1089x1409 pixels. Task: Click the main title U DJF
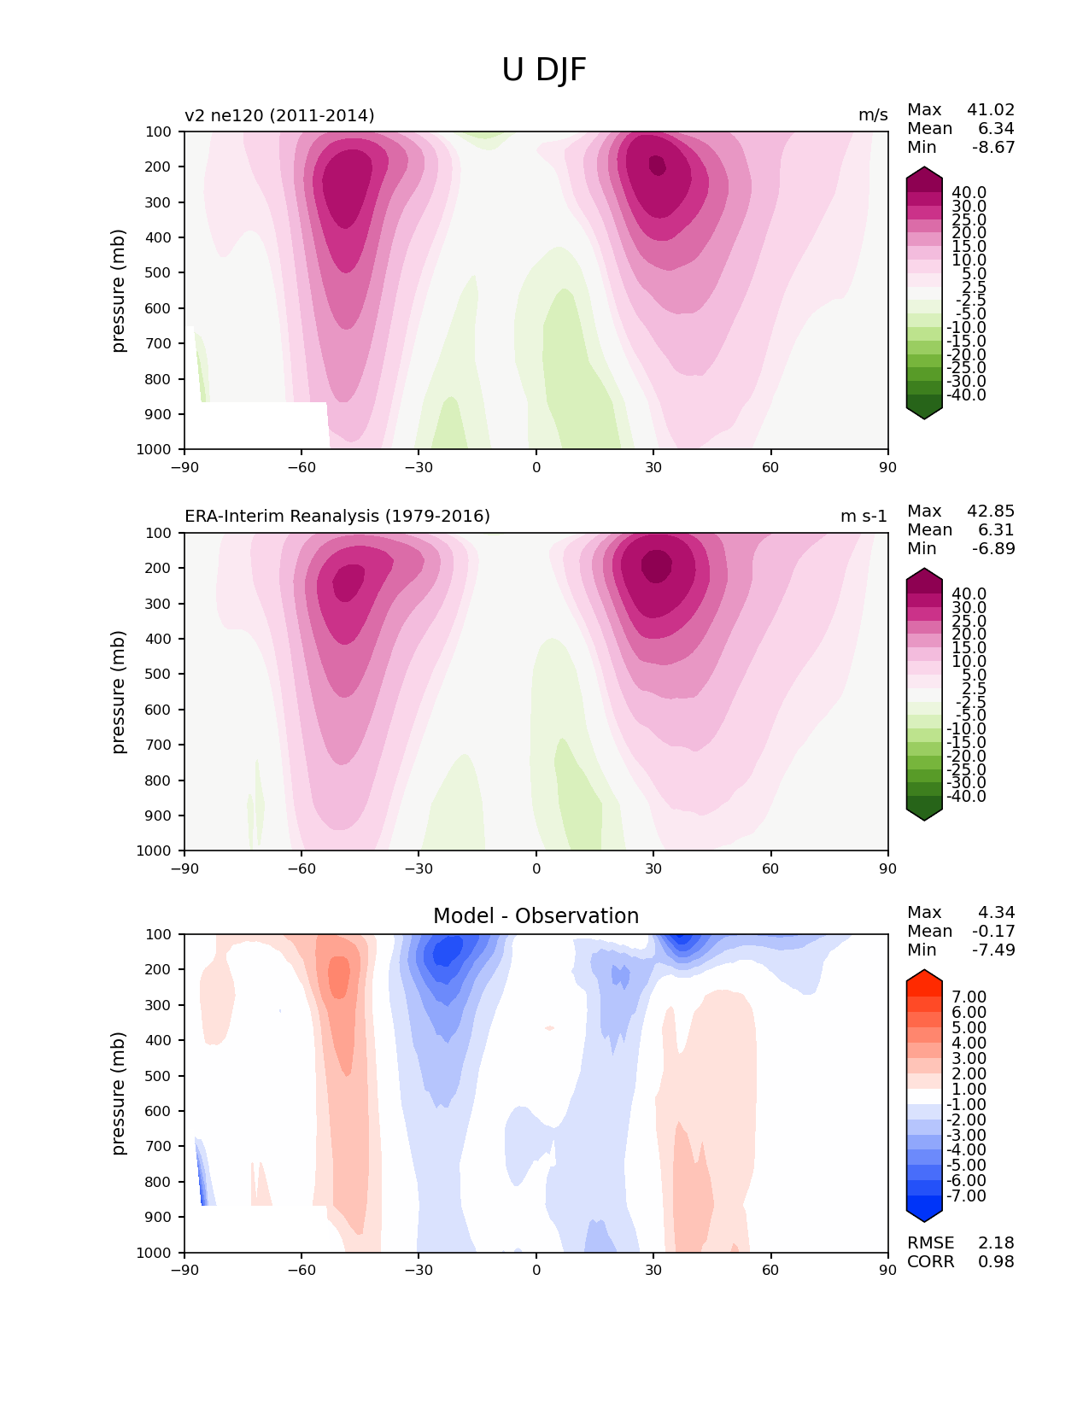click(x=544, y=70)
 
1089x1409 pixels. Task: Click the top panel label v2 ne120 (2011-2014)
click(x=279, y=115)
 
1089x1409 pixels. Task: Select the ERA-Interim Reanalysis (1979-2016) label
click(x=337, y=517)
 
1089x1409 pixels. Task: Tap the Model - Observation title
click(x=536, y=916)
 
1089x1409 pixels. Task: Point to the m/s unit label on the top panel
click(x=873, y=115)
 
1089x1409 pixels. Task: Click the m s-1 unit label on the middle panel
click(x=864, y=517)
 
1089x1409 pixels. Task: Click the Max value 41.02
click(x=991, y=110)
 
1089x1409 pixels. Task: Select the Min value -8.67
click(x=993, y=148)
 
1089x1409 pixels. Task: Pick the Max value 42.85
click(x=991, y=512)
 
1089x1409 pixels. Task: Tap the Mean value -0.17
click(x=993, y=932)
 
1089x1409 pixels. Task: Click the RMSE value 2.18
click(x=996, y=1243)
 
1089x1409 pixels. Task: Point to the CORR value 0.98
click(x=996, y=1262)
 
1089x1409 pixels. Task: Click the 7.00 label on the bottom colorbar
click(x=969, y=997)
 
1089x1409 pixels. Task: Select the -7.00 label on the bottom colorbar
click(x=966, y=1196)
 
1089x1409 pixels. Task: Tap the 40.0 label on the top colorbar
click(x=969, y=193)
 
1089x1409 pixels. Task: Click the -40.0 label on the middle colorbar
click(x=966, y=797)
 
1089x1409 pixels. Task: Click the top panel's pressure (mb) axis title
click(x=119, y=290)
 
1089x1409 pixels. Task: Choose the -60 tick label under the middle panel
click(x=302, y=868)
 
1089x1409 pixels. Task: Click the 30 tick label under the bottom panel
click(x=653, y=1270)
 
